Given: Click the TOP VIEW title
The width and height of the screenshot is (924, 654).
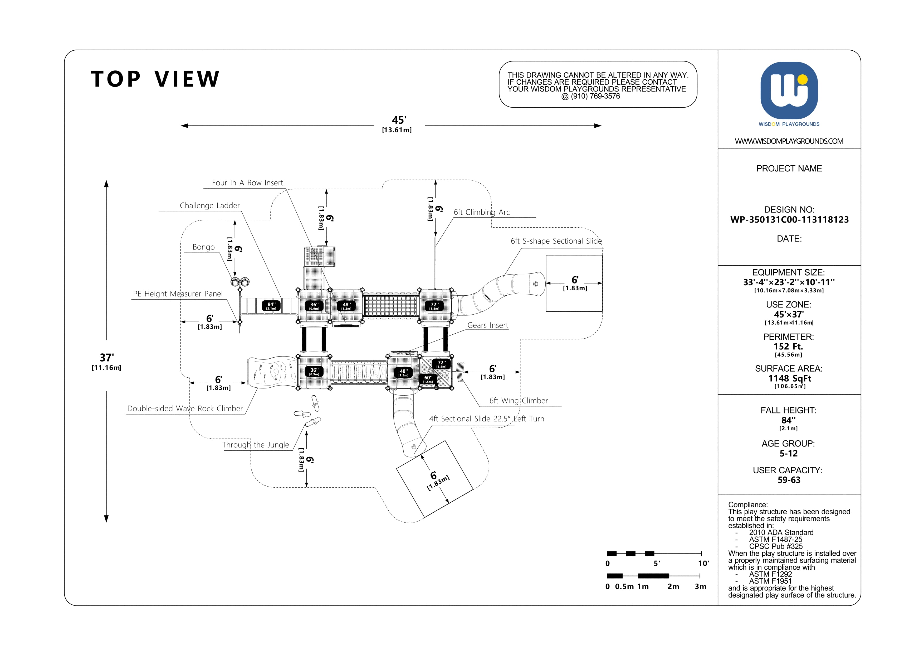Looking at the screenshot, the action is tap(155, 79).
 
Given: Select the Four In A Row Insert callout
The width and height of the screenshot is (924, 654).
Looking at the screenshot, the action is tap(247, 183).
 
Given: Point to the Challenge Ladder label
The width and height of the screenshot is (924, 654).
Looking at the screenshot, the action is tap(210, 205).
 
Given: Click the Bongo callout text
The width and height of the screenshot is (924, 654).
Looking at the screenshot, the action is tap(204, 247).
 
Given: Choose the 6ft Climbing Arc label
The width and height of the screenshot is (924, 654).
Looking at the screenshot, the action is tap(482, 212).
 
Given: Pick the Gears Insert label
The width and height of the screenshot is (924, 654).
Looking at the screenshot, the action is tap(488, 325).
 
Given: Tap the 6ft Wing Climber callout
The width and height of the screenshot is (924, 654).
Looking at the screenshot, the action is tap(518, 401).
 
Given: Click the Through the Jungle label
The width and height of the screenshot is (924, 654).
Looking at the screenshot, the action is tap(256, 445).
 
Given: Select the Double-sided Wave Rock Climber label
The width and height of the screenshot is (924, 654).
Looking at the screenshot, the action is tap(185, 409).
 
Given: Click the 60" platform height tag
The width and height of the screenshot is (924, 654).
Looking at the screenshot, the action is tap(428, 379).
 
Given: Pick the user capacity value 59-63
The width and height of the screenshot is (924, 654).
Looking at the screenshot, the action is tap(789, 480).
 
